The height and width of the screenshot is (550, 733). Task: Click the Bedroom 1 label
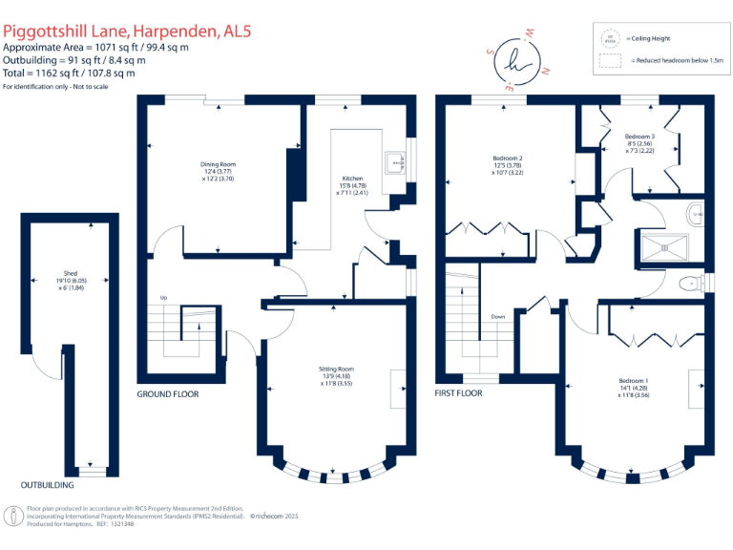click(634, 389)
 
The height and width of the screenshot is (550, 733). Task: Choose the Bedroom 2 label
click(507, 164)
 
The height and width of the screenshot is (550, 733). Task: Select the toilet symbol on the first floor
click(687, 284)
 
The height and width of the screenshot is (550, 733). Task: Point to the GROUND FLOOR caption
click(168, 393)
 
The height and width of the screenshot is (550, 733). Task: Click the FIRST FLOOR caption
click(459, 393)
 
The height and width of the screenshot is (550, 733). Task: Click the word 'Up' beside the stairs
click(163, 298)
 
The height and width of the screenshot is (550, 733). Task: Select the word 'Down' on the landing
click(498, 317)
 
